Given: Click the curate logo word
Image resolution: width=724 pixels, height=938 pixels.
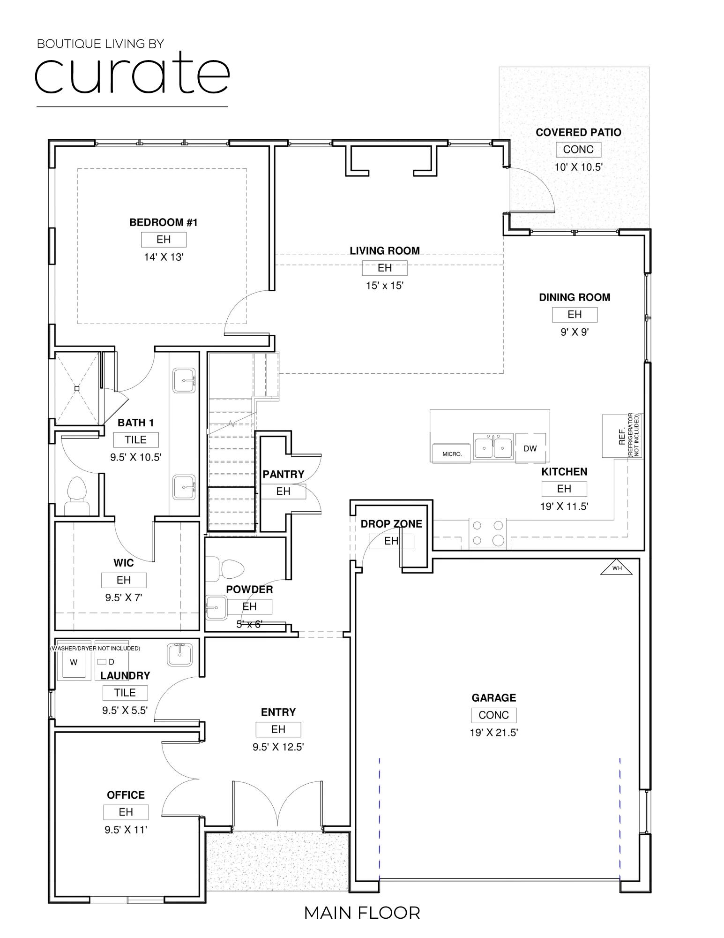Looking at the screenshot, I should point(132,75).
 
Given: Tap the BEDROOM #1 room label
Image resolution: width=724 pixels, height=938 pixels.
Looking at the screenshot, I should point(164,222).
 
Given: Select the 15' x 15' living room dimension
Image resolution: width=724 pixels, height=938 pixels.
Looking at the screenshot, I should point(384,286).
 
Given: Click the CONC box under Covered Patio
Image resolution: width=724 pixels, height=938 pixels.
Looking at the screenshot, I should point(578,150).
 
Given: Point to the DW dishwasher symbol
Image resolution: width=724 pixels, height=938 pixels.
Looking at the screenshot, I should point(530,448).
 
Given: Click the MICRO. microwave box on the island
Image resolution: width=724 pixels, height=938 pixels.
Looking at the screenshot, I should point(452,454).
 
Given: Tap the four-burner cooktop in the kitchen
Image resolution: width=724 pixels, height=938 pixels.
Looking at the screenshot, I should point(488,533).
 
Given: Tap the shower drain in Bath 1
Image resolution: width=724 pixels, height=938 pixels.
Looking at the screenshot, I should point(77,388).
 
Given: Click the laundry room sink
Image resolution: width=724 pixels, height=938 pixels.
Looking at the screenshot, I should point(179,654).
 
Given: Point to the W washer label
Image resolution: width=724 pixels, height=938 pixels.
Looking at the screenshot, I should point(74,662).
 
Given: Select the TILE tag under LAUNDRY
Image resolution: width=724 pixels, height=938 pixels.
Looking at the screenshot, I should point(125,693).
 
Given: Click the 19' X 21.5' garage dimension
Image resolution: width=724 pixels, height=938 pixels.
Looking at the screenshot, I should point(493,733).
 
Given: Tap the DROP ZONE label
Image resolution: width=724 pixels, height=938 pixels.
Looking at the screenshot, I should point(391,524).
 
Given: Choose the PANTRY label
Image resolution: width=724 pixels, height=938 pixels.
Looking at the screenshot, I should point(283,474).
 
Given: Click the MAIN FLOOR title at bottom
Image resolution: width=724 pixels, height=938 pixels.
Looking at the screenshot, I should point(362,913).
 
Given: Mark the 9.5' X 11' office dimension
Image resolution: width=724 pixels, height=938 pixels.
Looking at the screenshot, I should point(126,830).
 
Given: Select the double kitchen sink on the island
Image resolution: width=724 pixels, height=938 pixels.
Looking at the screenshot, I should point(493,447).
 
